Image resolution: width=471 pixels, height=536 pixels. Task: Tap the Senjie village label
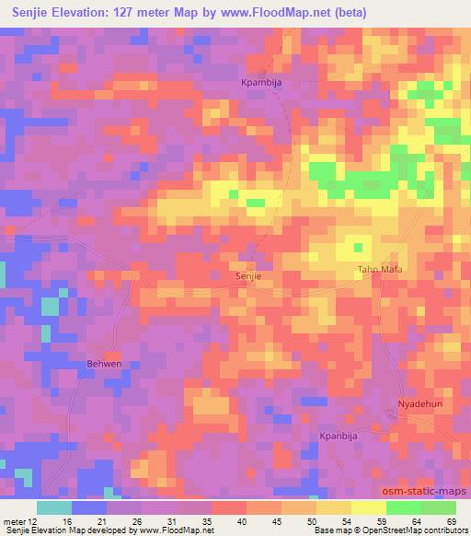249,275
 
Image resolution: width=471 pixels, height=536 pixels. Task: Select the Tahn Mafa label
380,270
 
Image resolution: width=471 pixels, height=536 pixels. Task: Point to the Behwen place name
103,365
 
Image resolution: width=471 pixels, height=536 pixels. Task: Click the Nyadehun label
419,404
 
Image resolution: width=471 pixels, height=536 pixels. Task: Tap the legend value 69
450,519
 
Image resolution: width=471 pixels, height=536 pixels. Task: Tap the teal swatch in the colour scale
53,507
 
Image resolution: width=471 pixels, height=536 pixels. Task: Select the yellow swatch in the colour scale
333,507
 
